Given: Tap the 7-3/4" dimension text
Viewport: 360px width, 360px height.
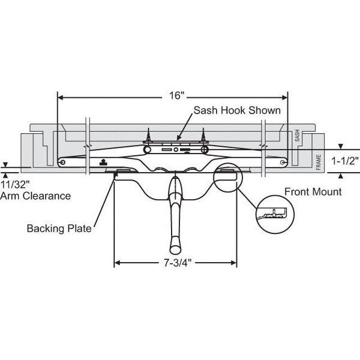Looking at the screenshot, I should point(175,262).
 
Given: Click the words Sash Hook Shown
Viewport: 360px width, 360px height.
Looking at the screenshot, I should point(236,110).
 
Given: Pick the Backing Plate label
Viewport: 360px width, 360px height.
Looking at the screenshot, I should point(58,229).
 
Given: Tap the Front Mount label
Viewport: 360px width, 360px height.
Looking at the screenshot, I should point(313,192).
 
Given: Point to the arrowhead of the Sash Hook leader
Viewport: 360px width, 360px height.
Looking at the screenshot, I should point(178,139).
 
